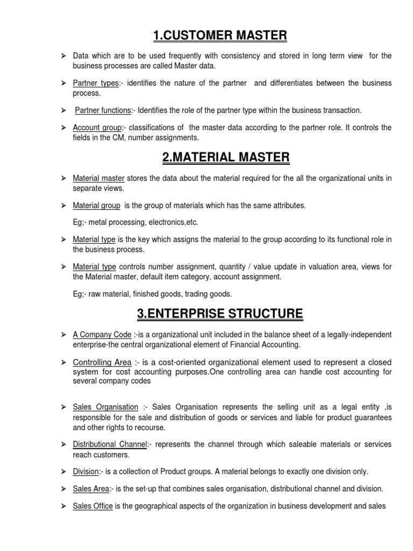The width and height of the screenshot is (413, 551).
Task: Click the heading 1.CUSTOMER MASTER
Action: (x=220, y=36)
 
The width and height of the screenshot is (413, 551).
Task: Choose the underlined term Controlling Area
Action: (x=102, y=362)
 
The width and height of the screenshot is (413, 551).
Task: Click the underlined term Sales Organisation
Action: (x=105, y=407)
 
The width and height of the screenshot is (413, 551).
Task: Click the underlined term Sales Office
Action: (x=93, y=506)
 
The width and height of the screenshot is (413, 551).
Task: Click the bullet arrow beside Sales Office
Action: (x=62, y=506)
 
